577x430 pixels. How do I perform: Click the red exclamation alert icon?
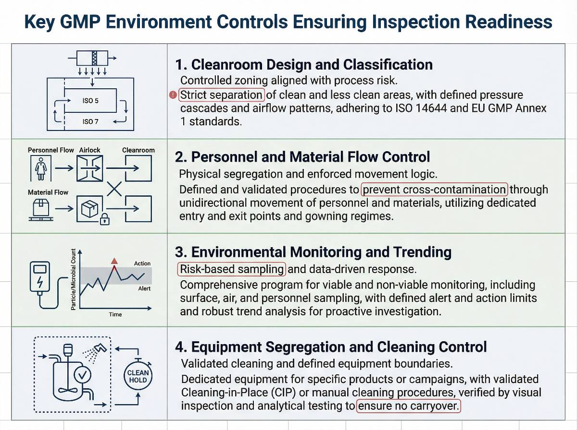click(x=173, y=95)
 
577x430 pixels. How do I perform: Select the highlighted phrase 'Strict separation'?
click(x=222, y=95)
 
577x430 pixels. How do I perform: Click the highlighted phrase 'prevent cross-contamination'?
click(x=435, y=189)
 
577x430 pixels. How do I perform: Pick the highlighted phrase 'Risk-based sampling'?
click(x=232, y=269)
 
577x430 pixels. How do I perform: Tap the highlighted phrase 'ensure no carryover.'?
click(x=408, y=406)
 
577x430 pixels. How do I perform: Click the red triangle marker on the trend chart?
click(x=114, y=261)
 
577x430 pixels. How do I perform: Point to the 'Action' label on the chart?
click(x=142, y=263)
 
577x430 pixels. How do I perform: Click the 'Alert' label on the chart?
click(x=144, y=288)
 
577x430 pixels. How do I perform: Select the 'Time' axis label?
click(x=115, y=314)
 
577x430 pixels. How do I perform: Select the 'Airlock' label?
click(x=90, y=150)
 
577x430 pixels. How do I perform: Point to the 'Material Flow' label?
click(x=48, y=192)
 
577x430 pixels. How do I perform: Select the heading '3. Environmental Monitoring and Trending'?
click(x=314, y=252)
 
